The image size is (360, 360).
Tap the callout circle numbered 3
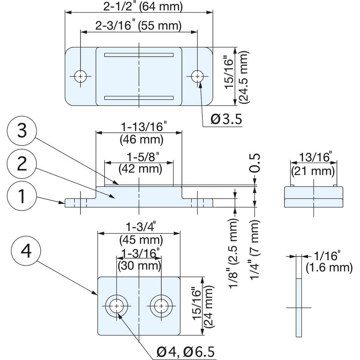pos(22,131)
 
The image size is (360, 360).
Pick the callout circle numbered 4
pos(26,251)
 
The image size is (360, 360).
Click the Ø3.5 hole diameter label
pos(226,120)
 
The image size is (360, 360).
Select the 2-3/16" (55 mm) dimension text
pos(138,26)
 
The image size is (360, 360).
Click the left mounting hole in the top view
pos(80,76)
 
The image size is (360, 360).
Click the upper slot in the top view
pos(139,55)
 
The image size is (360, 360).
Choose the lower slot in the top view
pos(139,98)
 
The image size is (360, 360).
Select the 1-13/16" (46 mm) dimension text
pos(141,134)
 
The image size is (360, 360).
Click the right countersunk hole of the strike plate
pos(161,306)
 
